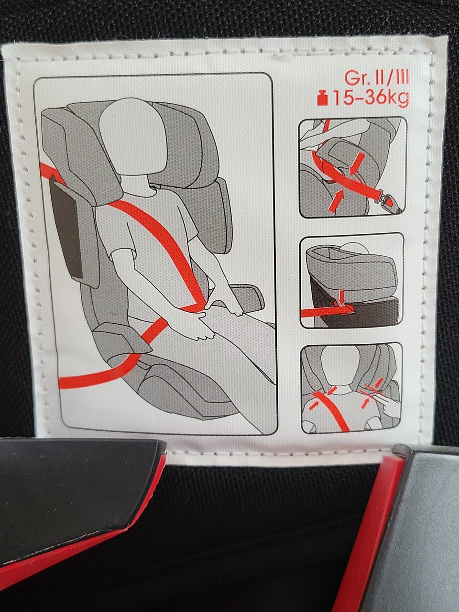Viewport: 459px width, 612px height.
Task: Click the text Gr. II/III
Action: [376, 77]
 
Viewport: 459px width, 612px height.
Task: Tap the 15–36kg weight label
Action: [371, 98]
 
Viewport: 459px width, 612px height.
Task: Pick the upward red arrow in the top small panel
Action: [336, 201]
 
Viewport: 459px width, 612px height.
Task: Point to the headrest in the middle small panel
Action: [350, 269]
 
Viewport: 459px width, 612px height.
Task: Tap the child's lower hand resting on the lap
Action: [192, 326]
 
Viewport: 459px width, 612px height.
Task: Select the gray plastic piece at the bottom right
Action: [418, 530]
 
